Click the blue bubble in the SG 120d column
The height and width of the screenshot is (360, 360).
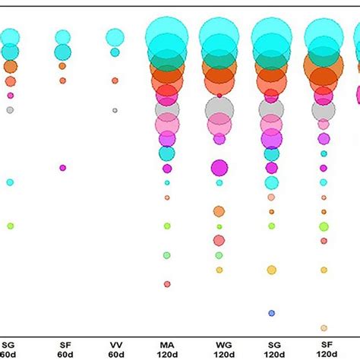click(271, 313)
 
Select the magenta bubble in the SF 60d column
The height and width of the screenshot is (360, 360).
click(62, 168)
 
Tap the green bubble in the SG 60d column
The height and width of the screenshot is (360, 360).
click(10, 226)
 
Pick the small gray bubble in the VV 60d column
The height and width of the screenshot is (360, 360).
click(115, 110)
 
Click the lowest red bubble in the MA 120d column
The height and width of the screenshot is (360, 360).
click(167, 284)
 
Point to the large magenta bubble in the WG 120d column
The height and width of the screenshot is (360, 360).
click(219, 167)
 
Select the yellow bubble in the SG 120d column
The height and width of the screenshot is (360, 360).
click(271, 270)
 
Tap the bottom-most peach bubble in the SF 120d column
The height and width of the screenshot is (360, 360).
click(324, 328)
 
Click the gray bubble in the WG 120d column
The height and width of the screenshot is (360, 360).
click(219, 109)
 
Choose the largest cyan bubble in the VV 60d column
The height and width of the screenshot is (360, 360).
click(115, 36)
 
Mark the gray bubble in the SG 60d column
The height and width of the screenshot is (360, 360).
click(10, 109)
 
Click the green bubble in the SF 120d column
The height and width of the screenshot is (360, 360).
click(324, 226)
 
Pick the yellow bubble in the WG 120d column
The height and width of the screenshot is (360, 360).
click(219, 270)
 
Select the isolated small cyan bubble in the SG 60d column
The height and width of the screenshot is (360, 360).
click(10, 182)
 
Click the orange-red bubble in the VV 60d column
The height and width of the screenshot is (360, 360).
click(115, 80)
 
